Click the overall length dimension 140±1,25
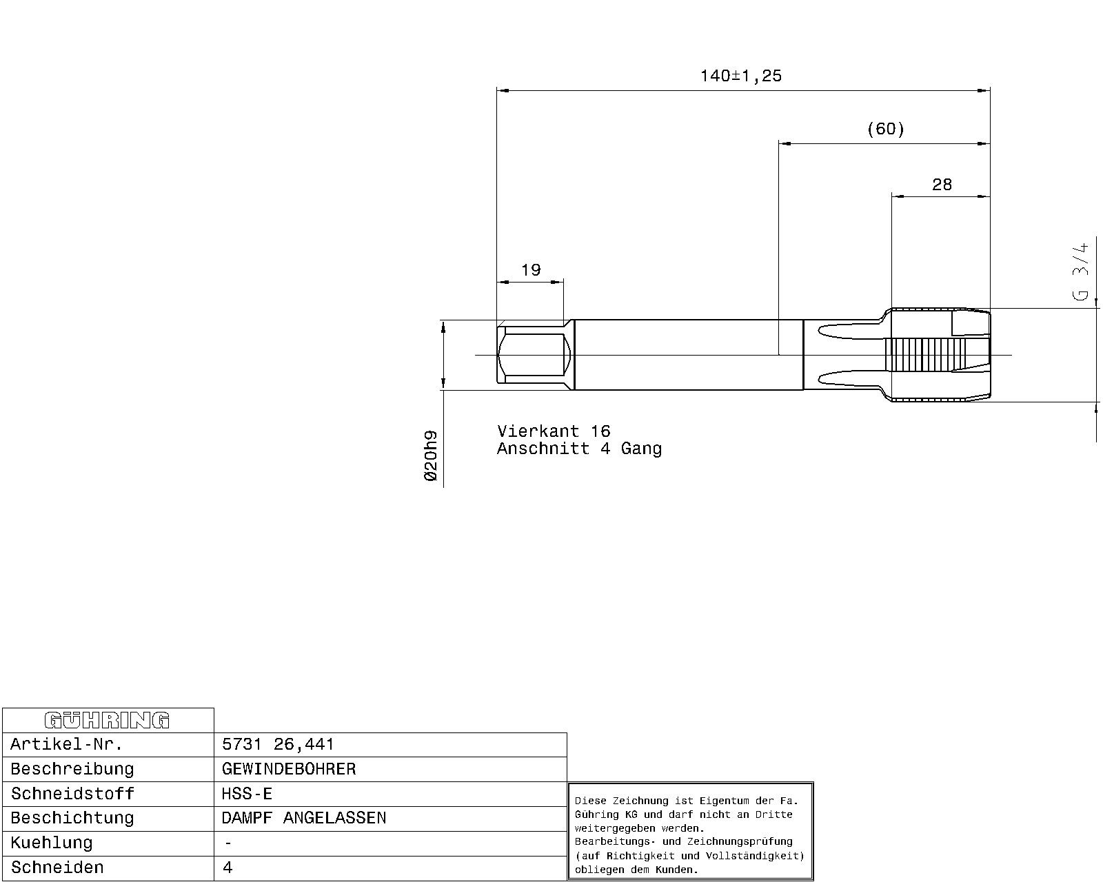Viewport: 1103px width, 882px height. click(x=740, y=76)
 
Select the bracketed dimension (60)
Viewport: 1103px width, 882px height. click(x=886, y=129)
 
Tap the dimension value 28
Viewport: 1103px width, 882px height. click(x=942, y=185)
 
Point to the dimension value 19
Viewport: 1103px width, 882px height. click(x=531, y=269)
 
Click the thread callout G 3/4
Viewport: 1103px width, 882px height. click(x=1080, y=271)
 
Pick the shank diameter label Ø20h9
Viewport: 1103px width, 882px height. click(x=431, y=455)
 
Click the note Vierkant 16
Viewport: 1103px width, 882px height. click(x=554, y=431)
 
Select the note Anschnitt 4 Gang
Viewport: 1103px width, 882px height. click(x=579, y=449)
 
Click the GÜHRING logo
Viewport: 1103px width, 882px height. click(x=107, y=720)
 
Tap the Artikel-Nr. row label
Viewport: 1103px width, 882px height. click(x=67, y=744)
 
